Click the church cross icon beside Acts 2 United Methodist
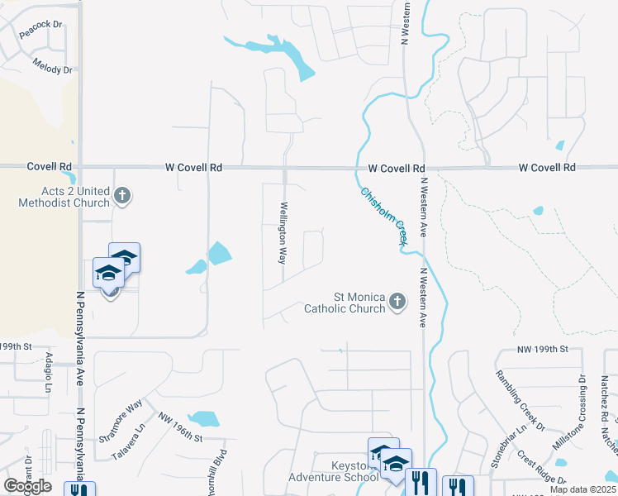coord(122,197)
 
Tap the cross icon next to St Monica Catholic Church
coord(397,302)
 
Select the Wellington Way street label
coord(283,233)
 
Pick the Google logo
coord(27,486)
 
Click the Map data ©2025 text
coord(582,489)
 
